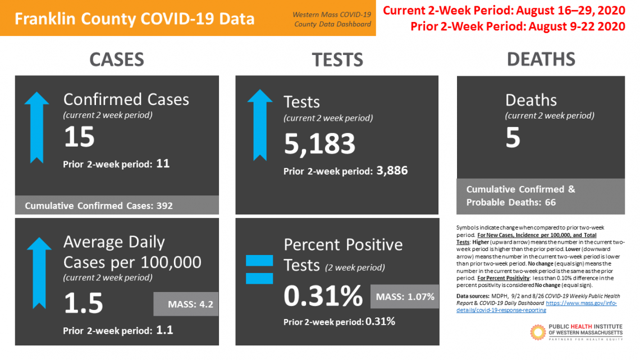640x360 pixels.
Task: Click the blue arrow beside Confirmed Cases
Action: pyautogui.click(x=36, y=129)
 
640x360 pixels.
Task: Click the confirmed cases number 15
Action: pyautogui.click(x=79, y=136)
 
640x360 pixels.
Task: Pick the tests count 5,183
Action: pyautogui.click(x=319, y=144)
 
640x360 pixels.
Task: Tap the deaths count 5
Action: pyautogui.click(x=513, y=138)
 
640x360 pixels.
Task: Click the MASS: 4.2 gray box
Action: pyautogui.click(x=186, y=304)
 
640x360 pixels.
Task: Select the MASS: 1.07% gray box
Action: pyautogui.click(x=404, y=297)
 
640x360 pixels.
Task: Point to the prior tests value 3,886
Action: pyautogui.click(x=390, y=170)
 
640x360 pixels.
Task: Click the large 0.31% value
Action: pyautogui.click(x=323, y=296)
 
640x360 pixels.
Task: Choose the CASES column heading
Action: pyautogui.click(x=117, y=60)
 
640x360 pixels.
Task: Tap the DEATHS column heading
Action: pyautogui.click(x=541, y=59)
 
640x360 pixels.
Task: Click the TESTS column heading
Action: pyautogui.click(x=337, y=60)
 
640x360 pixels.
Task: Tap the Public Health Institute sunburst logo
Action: pyautogui.click(x=538, y=332)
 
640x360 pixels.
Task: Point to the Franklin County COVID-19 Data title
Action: pyautogui.click(x=134, y=19)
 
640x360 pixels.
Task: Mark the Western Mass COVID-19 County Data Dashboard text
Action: pyautogui.click(x=332, y=19)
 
